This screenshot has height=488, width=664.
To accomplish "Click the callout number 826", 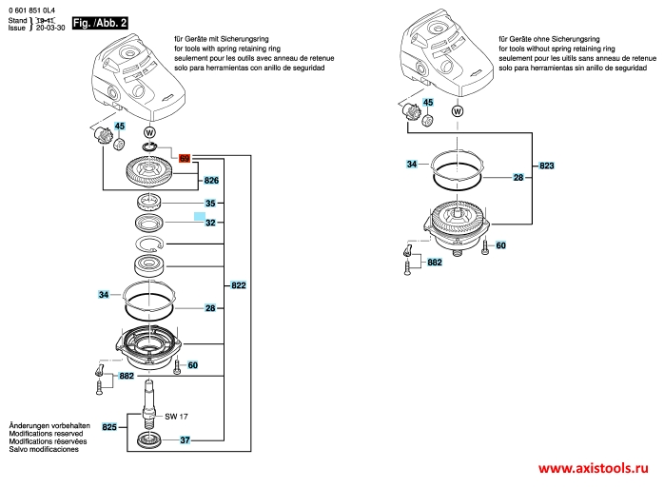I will tap(211, 180).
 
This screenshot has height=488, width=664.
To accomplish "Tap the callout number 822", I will tap(238, 285).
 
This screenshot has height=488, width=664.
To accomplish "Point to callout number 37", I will tap(186, 439).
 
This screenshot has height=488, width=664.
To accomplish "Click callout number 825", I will tap(109, 428).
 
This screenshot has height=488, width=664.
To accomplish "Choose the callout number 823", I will tap(546, 166).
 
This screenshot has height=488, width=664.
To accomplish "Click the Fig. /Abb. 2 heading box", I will tap(99, 21).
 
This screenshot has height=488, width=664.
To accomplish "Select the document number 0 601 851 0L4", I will tap(34, 9).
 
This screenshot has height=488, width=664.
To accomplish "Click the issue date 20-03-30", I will tap(50, 29).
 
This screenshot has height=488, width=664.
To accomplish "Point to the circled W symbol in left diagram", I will tap(147, 130).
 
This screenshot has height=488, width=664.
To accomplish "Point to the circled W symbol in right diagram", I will tap(459, 111).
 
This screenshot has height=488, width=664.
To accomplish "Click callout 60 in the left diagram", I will tap(192, 365).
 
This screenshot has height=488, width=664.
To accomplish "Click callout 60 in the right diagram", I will tap(500, 245).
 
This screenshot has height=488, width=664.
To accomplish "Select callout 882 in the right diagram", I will tap(435, 262).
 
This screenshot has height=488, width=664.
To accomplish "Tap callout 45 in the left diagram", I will tap(119, 126).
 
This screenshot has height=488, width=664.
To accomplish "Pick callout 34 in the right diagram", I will tap(412, 165).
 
